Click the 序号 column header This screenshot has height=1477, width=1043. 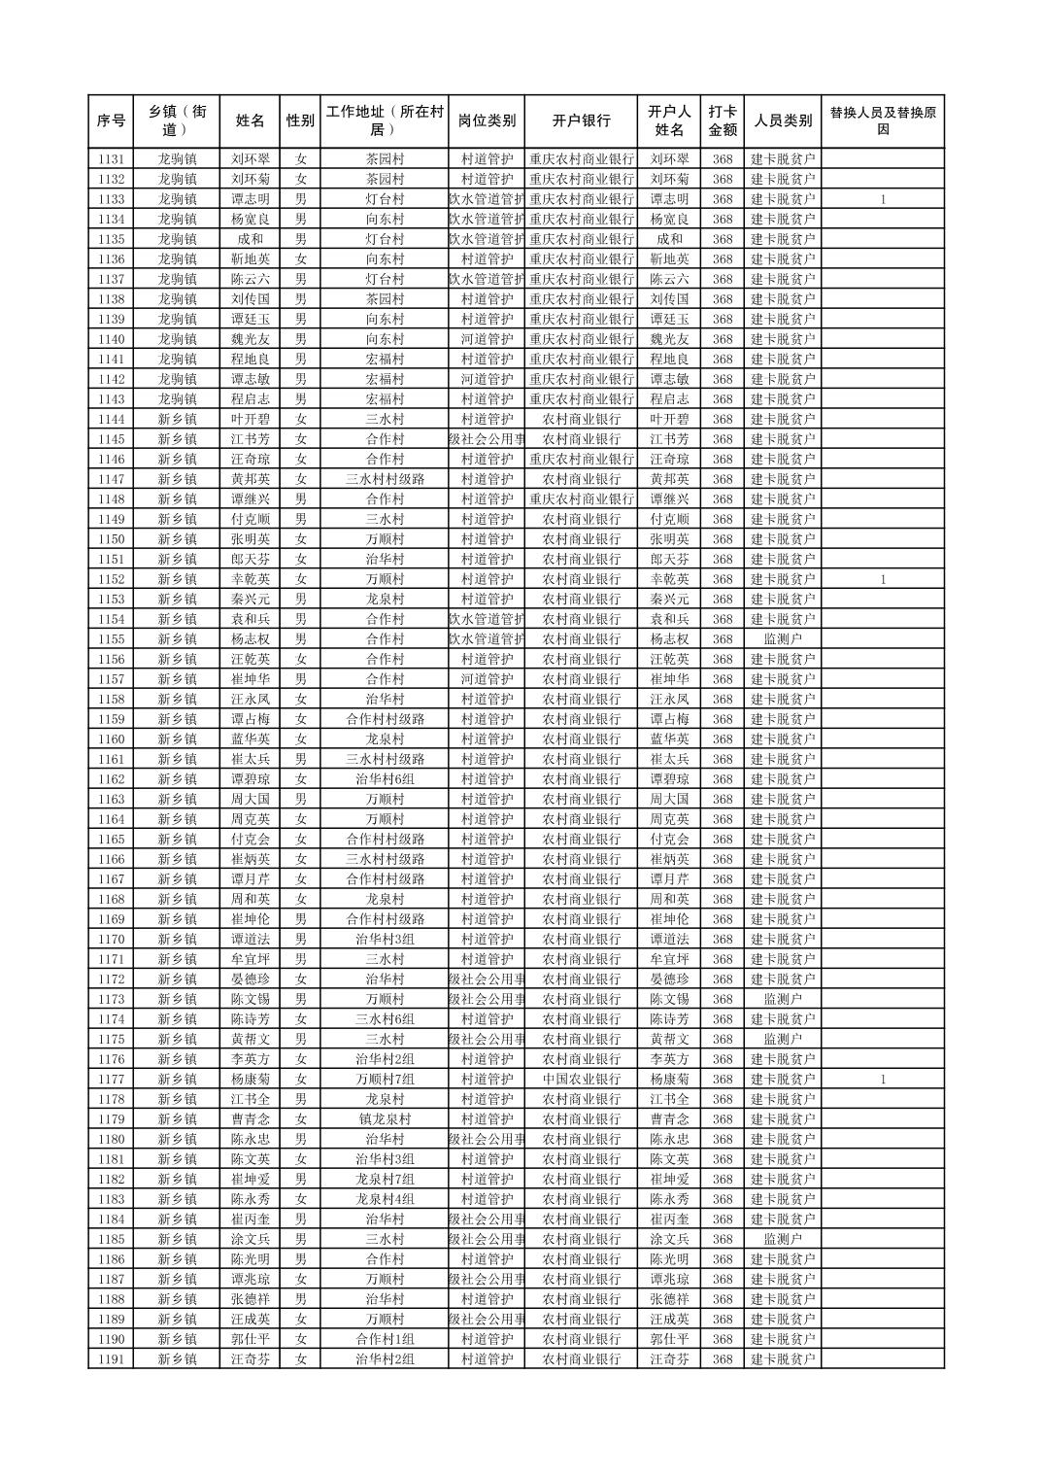[x=111, y=120]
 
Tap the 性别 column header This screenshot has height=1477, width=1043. [x=300, y=120]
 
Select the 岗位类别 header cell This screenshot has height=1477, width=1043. [x=487, y=120]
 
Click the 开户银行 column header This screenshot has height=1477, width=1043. [x=581, y=120]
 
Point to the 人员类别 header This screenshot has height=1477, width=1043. [x=783, y=120]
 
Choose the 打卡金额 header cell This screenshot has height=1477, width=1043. [x=722, y=120]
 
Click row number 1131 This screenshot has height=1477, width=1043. [x=111, y=159]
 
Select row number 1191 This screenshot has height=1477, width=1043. [x=111, y=1359]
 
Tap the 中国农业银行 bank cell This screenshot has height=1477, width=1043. [x=581, y=1080]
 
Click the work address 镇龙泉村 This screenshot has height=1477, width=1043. [x=385, y=1119]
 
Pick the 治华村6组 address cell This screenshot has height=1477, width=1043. [x=385, y=779]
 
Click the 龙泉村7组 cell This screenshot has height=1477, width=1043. [x=385, y=1180]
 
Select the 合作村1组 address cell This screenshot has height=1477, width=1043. [x=385, y=1339]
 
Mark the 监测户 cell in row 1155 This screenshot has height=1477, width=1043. [x=783, y=639]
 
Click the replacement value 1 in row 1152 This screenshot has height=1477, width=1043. [x=883, y=579]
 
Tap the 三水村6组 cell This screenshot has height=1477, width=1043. [x=385, y=1019]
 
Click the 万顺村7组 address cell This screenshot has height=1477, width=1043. [x=385, y=1080]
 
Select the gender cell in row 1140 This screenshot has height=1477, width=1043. [x=300, y=339]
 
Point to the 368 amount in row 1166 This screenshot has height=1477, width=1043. [x=722, y=859]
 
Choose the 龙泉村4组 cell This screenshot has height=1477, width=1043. [x=385, y=1199]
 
